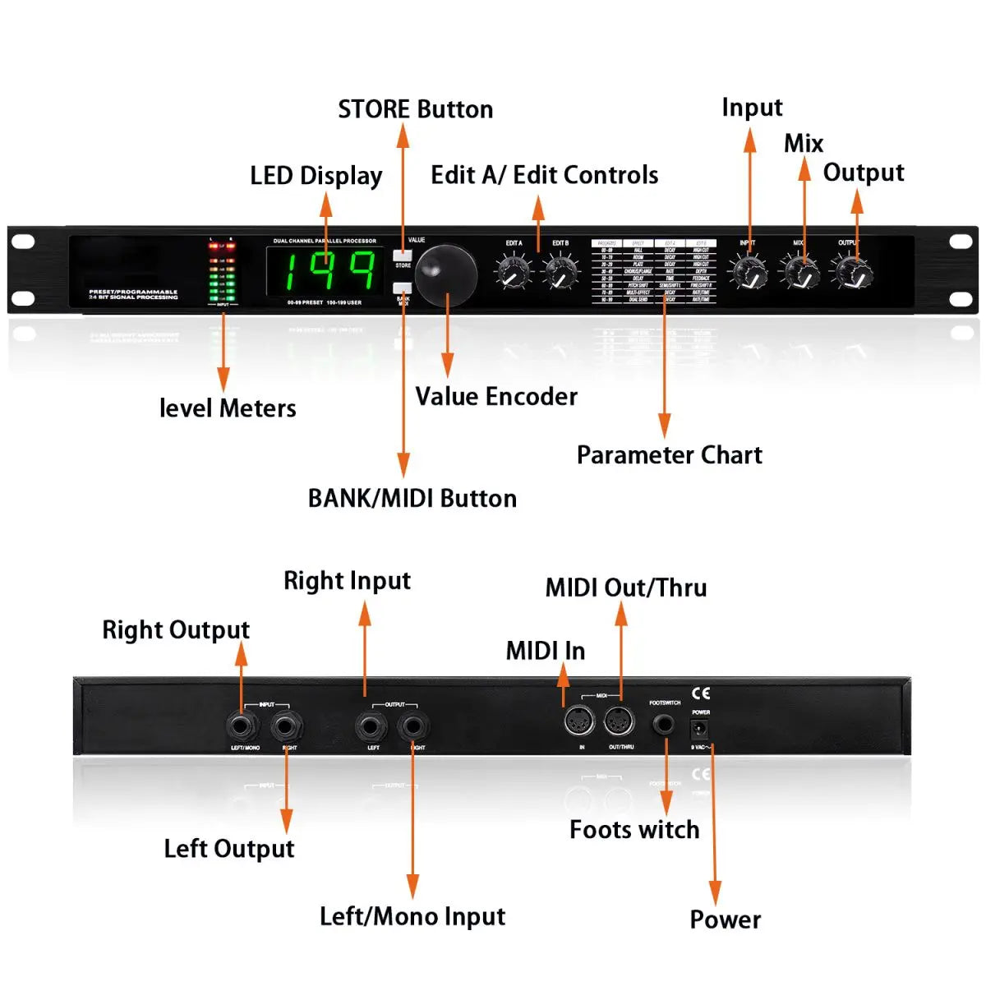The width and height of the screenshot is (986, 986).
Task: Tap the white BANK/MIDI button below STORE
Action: tap(403, 288)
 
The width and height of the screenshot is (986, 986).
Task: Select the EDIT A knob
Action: tap(514, 272)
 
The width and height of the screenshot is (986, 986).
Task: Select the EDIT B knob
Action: tap(561, 272)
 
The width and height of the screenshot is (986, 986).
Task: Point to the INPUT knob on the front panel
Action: tap(749, 272)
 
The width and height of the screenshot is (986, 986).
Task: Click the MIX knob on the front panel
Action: tap(800, 272)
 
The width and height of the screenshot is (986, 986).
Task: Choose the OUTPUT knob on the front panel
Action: tap(854, 272)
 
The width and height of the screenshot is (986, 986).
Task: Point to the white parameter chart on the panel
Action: tap(654, 272)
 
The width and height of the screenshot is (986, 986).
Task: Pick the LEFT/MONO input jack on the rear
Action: tap(243, 726)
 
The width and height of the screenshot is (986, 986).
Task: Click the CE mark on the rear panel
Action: tap(701, 693)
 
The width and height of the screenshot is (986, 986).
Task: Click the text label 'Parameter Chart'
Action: tap(669, 455)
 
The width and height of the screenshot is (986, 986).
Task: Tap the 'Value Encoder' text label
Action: tap(496, 397)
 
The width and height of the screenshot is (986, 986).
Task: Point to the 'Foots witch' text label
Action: tap(634, 830)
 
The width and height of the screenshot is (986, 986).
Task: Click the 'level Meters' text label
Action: tap(228, 408)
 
